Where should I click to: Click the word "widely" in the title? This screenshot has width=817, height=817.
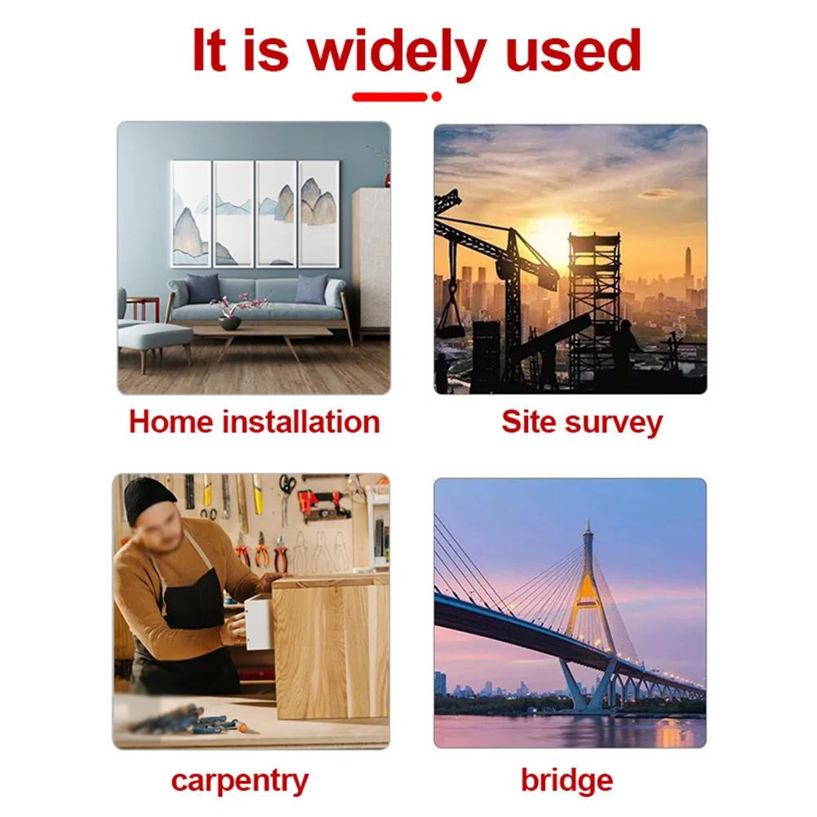coord(396,52)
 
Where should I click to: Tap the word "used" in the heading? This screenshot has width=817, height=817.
coord(573,51)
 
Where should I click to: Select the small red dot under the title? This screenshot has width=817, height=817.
coord(437,96)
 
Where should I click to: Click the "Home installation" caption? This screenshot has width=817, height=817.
coord(255,421)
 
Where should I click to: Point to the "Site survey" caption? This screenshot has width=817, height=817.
coord(582,423)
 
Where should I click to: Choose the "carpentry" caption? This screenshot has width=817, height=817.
coord(240,782)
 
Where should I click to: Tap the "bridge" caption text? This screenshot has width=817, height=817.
coord(567,781)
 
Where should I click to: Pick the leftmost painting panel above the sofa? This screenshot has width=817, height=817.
coord(191,214)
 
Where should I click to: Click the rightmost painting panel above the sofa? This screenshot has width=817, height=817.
coord(319,214)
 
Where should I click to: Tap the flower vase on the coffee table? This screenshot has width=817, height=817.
coord(230,322)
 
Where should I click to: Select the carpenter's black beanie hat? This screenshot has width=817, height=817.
coord(149,500)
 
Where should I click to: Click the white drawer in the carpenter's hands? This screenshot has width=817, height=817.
coord(259,623)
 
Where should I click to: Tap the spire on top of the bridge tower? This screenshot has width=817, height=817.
coord(588,532)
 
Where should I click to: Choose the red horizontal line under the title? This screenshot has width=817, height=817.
coord(390,96)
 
